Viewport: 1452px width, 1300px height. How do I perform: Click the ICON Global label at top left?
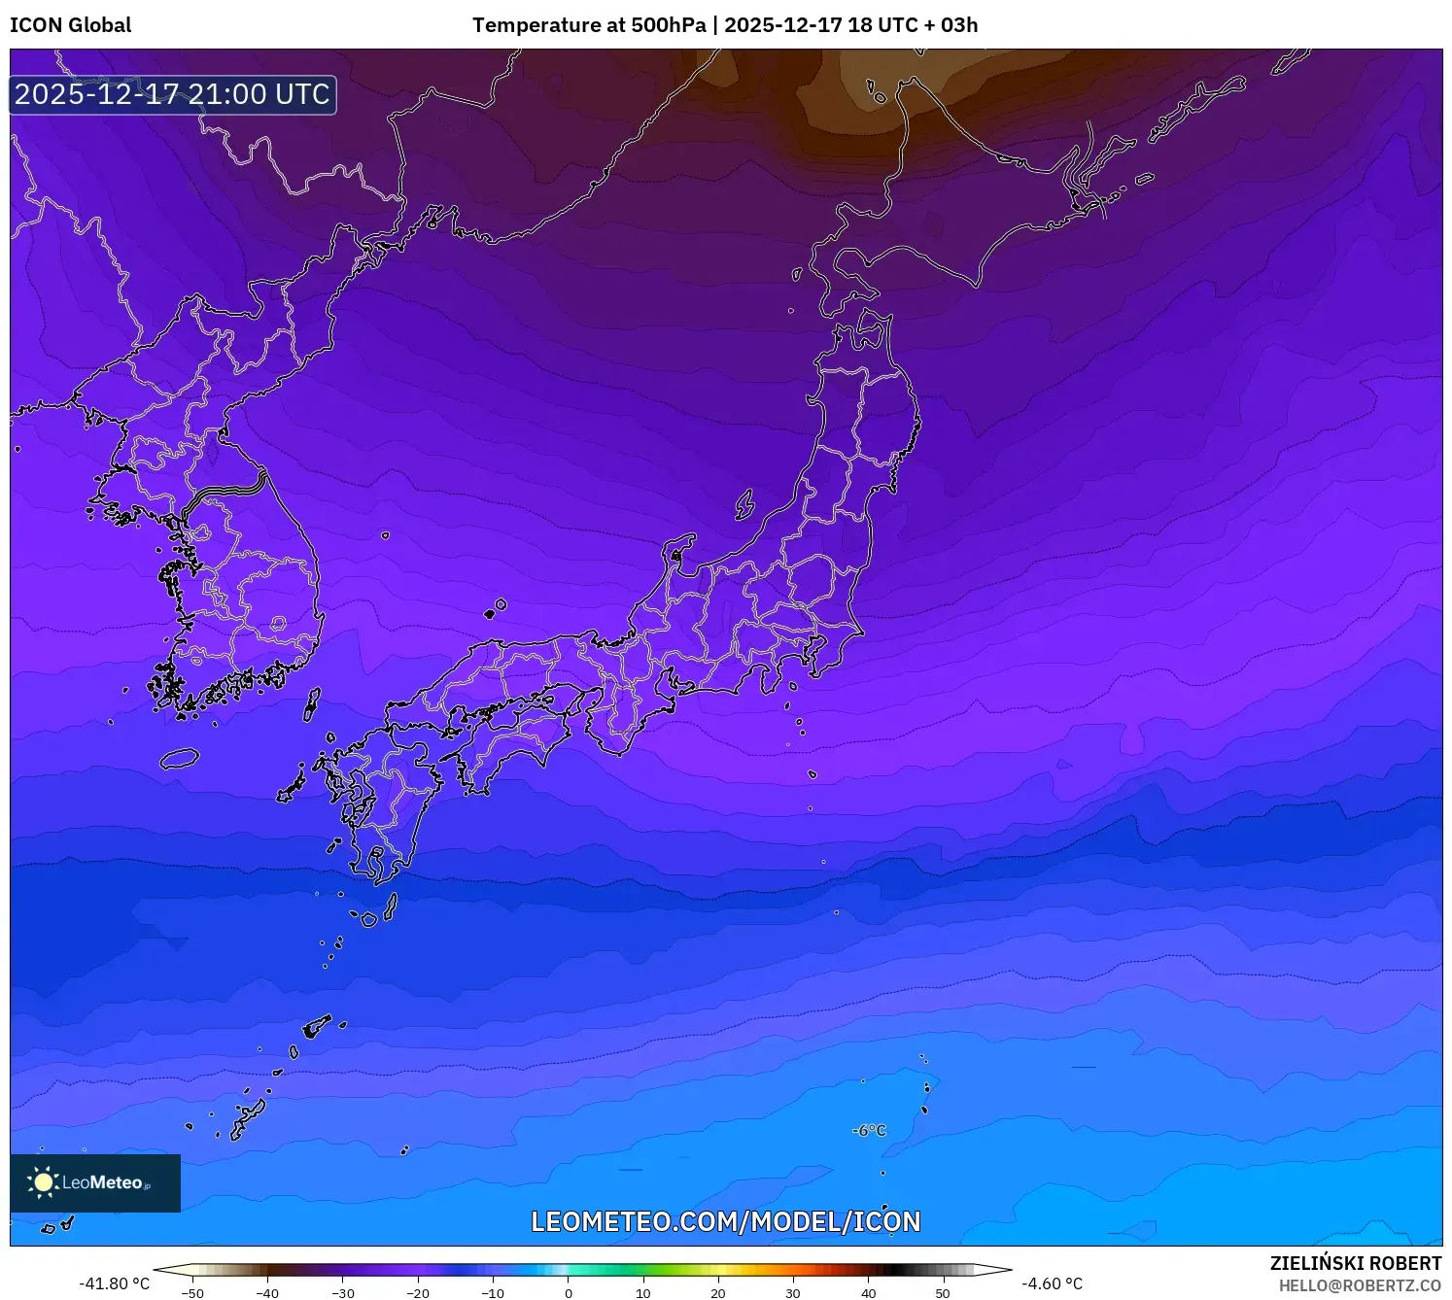point(70,25)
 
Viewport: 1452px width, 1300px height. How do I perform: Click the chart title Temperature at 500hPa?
point(589,25)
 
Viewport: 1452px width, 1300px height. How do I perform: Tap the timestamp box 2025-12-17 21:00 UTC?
point(173,94)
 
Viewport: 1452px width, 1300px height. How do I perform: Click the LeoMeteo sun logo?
point(43,1181)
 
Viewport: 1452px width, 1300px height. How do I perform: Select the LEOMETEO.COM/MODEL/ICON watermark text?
point(725,1221)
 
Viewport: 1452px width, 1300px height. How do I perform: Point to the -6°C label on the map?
point(869,1130)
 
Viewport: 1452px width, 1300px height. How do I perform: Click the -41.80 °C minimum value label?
point(114,1283)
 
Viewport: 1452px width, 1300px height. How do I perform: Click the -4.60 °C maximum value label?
point(1052,1283)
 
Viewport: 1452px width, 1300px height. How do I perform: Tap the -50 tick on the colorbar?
point(192,1292)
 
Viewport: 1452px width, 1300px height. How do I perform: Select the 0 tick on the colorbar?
point(569,1292)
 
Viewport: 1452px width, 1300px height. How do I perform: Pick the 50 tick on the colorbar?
point(943,1292)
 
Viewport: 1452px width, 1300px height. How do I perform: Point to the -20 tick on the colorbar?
point(418,1292)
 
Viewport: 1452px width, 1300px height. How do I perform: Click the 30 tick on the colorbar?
point(793,1292)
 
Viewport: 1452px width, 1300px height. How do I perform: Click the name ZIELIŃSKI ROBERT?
point(1355,1263)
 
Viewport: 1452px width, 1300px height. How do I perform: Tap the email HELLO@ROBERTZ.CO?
point(1360,1285)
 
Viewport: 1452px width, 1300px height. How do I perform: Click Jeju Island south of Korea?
point(179,758)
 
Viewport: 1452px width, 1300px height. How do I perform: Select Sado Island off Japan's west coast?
point(744,504)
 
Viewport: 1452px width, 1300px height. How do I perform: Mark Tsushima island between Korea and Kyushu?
point(312,703)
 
